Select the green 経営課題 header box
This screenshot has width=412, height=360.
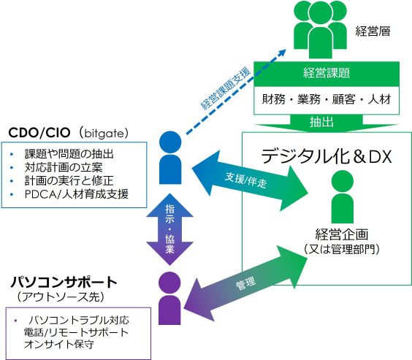click(327, 73)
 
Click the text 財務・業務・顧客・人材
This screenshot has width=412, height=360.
click(327, 99)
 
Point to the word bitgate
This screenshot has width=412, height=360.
click(108, 133)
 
